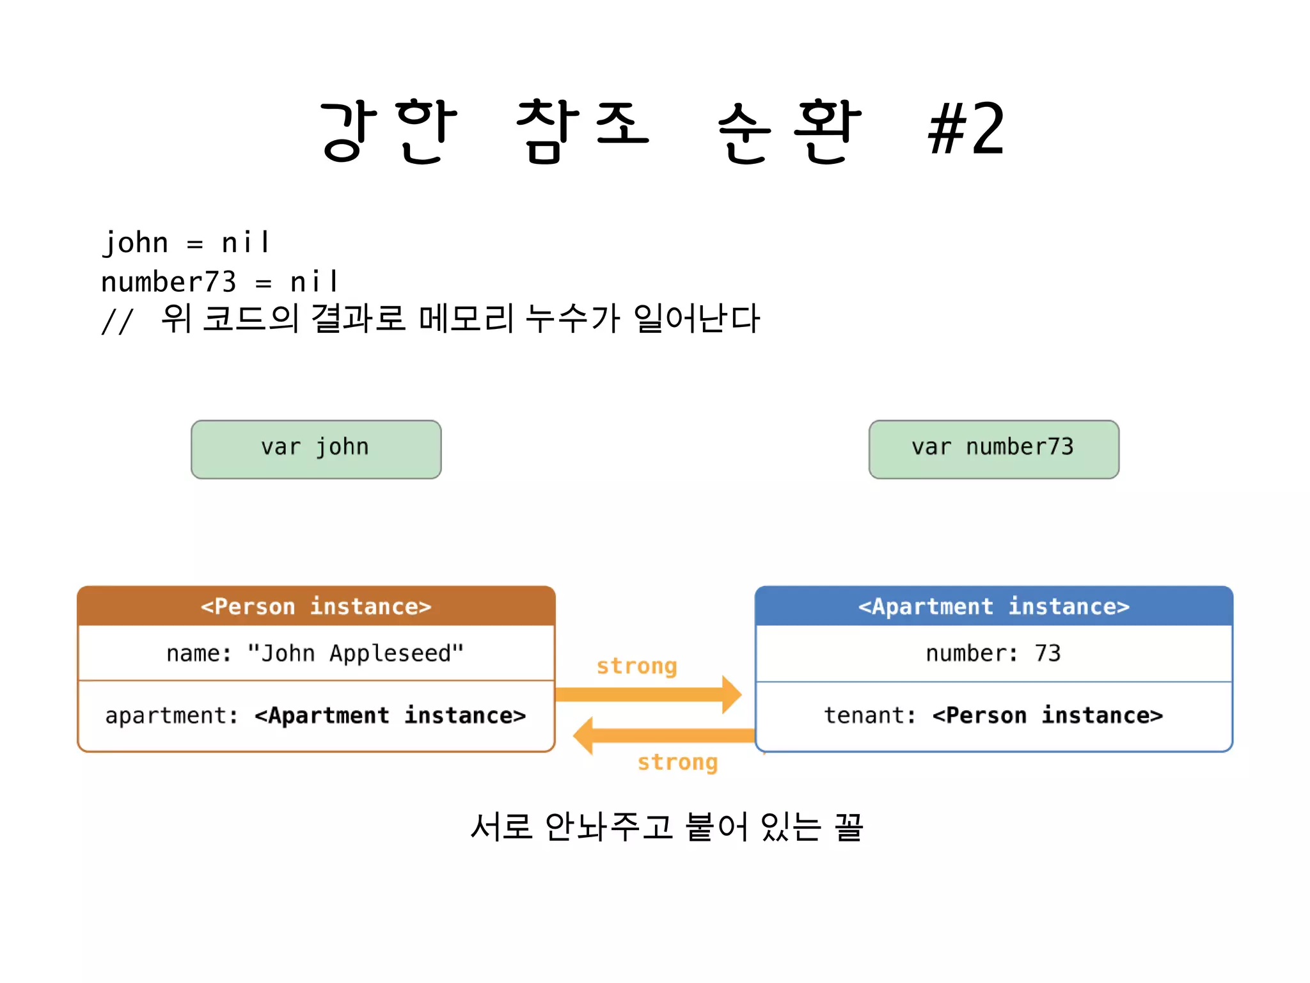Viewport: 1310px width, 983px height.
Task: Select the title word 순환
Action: tap(789, 131)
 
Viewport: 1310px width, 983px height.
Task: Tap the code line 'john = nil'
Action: tap(187, 243)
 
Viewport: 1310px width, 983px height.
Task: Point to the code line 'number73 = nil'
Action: tap(219, 282)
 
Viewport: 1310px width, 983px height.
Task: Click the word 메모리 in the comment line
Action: tap(466, 318)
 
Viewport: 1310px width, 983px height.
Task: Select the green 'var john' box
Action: tap(316, 449)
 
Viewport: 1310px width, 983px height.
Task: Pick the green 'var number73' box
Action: tap(993, 449)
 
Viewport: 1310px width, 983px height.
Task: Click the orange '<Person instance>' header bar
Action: tap(316, 606)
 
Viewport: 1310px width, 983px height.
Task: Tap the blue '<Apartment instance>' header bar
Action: tap(993, 606)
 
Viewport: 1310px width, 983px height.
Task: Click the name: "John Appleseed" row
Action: tap(316, 653)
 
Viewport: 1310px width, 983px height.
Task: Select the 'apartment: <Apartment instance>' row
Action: tap(316, 715)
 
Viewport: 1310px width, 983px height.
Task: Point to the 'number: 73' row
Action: tap(993, 653)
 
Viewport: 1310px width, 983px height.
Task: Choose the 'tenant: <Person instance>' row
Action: tap(993, 715)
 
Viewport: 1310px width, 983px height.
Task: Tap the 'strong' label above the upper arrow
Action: tap(636, 666)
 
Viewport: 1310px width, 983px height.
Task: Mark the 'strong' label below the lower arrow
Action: tap(677, 762)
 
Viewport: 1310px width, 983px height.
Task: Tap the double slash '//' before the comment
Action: tap(117, 321)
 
